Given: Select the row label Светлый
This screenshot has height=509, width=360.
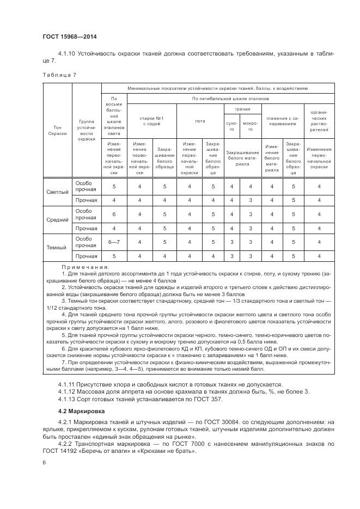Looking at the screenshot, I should [x=58, y=192].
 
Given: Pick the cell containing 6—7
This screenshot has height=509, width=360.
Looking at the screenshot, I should [x=114, y=242].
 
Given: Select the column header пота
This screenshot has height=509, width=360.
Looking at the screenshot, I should [x=200, y=121].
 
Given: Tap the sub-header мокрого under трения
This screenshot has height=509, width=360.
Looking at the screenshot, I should [x=251, y=126].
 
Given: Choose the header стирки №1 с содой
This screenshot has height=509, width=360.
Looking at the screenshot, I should [x=151, y=121].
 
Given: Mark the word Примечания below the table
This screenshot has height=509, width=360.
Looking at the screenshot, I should [x=85, y=267].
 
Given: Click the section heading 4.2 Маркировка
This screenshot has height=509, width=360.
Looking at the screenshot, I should [x=82, y=410].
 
